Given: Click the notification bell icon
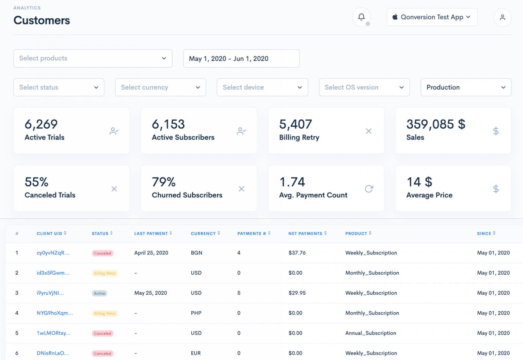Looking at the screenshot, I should click(x=361, y=17).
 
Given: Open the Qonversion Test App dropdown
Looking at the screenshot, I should click(x=432, y=17).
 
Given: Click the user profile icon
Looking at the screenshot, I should click(x=502, y=17).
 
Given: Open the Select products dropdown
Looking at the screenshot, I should click(x=93, y=59).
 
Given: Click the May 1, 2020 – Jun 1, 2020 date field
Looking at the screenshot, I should click(x=241, y=59).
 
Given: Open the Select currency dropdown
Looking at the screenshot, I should click(x=160, y=87).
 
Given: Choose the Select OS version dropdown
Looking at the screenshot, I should click(x=364, y=87).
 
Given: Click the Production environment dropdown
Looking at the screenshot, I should click(x=466, y=87).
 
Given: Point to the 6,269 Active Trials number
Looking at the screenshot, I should click(x=41, y=125).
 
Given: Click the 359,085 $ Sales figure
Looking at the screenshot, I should click(x=435, y=125).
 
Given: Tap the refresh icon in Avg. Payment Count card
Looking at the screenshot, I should click(x=369, y=189).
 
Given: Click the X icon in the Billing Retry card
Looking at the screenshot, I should click(x=368, y=131).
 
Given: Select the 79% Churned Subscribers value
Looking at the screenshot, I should click(x=164, y=182).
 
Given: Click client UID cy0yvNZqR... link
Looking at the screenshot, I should click(x=53, y=253).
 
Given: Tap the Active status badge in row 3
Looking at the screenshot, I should click(x=99, y=293).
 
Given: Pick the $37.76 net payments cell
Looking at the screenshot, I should click(x=297, y=253).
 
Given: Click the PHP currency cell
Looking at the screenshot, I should click(x=196, y=313).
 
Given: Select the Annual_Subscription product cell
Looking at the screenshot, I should click(x=370, y=333).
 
